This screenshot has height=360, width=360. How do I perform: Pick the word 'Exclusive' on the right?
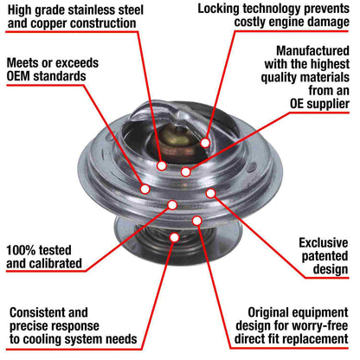pos(325,242)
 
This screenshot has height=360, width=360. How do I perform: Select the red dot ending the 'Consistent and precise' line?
pos(175,235)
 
